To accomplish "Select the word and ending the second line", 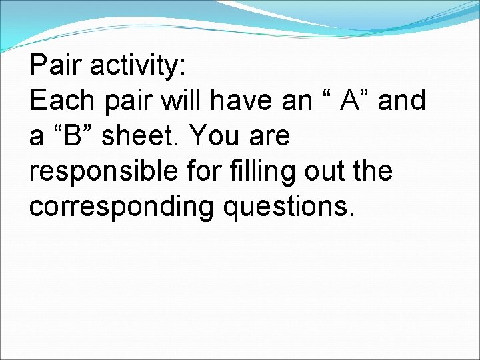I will coord(402,101).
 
